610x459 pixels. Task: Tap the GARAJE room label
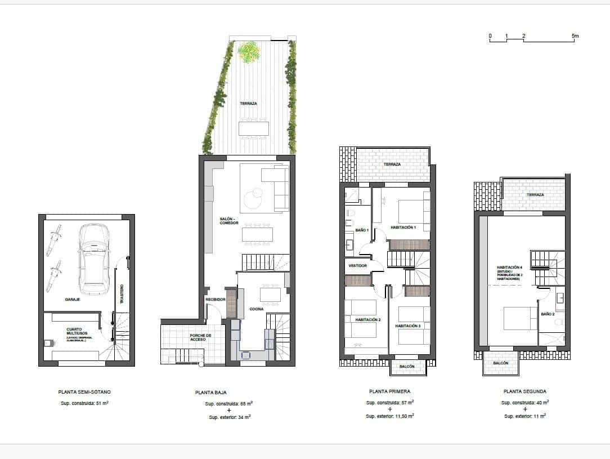point(72,300)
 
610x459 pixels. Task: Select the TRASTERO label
point(121,293)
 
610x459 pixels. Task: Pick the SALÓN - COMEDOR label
point(229,221)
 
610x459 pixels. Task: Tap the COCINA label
point(257,309)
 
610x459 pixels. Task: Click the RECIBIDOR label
point(215,300)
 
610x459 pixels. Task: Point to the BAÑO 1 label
point(361,230)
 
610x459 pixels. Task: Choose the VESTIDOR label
point(358,265)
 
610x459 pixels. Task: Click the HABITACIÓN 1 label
point(403,228)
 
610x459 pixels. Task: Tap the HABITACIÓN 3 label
point(408,326)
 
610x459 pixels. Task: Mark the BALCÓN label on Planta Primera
point(407,367)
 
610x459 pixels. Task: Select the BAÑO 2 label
point(548,314)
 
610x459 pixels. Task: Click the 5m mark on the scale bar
point(575,37)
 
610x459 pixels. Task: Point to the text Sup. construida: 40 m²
point(524,402)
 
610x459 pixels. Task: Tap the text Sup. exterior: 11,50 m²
point(390,416)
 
